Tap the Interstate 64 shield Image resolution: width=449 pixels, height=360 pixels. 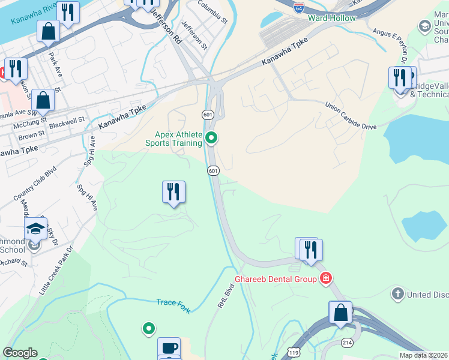click(299, 7)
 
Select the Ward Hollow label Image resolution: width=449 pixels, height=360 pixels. click(331, 18)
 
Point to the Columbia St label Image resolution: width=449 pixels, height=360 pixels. click(212, 11)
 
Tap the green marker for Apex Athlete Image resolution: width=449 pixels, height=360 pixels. click(211, 139)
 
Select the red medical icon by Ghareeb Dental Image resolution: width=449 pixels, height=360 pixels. click(326, 278)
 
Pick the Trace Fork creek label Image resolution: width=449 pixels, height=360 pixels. click(173, 305)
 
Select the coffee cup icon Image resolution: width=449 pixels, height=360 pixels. click(169, 347)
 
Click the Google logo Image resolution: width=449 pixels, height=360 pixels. click(19, 353)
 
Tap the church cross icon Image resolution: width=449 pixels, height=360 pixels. click(397, 294)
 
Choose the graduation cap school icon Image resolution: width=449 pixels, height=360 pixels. click(35, 228)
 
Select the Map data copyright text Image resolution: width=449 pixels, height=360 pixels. click(424, 355)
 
